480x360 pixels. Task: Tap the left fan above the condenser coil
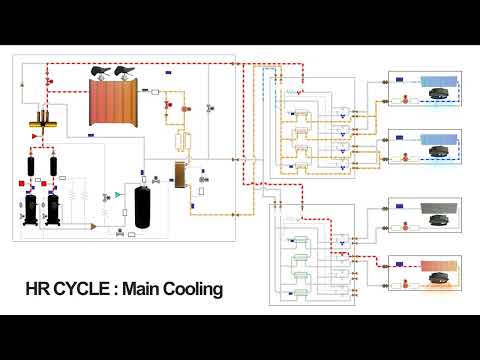(102, 71)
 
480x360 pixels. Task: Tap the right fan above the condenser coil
(127, 71)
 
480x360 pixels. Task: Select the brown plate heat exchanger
(181, 174)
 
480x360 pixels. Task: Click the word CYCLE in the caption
(82, 290)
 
